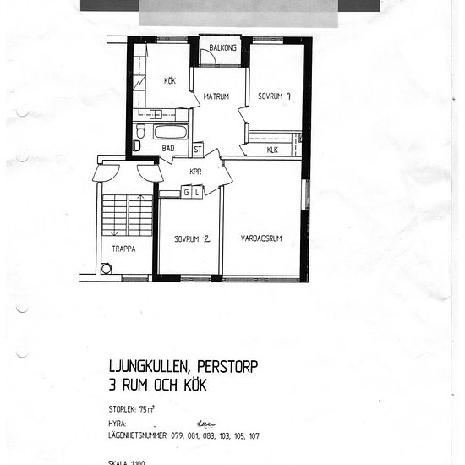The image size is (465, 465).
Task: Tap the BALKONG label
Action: pos(222,48)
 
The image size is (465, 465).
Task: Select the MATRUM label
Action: pos(216,97)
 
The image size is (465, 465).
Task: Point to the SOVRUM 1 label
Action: pos(275,96)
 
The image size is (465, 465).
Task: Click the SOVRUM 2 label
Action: pos(192,238)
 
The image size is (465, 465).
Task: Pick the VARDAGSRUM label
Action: pos(260,238)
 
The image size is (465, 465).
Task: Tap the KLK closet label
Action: pos(272,150)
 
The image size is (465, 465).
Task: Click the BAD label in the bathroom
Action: pos(168,148)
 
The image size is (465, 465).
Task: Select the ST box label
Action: pos(198,149)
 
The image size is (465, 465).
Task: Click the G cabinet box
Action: pos(187,193)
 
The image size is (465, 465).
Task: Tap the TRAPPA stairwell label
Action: pos(125,249)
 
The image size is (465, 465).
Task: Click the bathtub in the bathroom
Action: pos(170,132)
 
